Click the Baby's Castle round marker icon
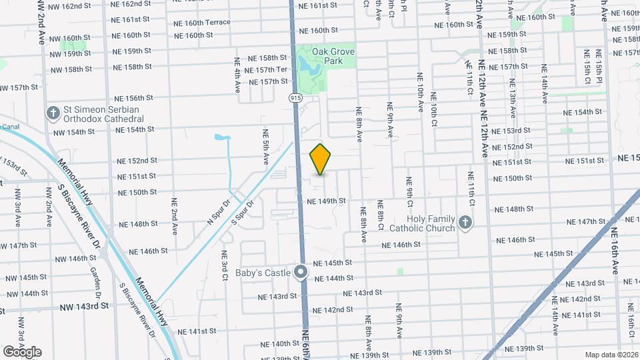(301, 272)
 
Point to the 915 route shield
(296, 98)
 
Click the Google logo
(22, 352)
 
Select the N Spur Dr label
(217, 211)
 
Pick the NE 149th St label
(327, 201)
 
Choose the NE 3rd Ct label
(225, 264)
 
